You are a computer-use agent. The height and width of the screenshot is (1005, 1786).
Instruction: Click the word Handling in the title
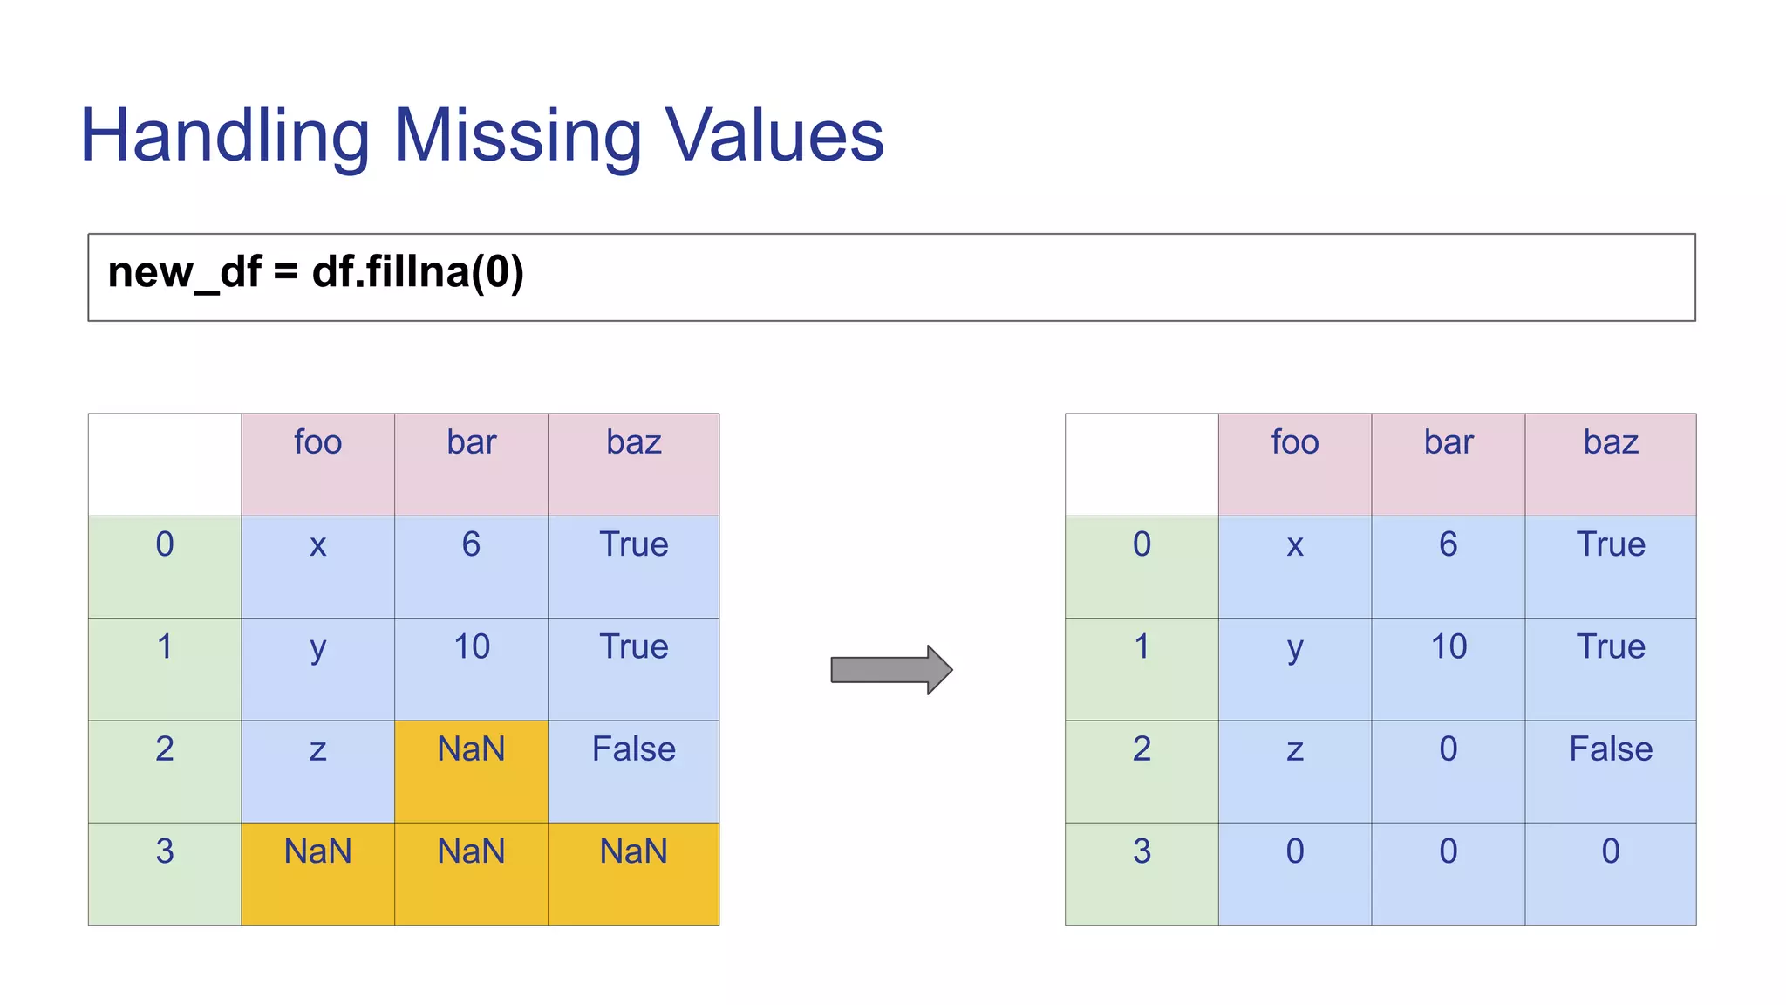click(x=225, y=136)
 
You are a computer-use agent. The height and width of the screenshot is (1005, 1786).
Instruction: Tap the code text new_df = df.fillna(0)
click(x=316, y=272)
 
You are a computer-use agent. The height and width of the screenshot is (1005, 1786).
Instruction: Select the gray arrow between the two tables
click(x=890, y=670)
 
